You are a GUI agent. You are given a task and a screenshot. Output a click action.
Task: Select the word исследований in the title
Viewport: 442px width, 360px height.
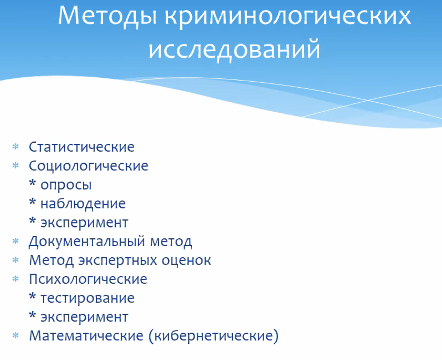pyautogui.click(x=234, y=49)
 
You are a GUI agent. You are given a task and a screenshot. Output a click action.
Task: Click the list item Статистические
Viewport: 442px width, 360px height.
pyautogui.click(x=82, y=147)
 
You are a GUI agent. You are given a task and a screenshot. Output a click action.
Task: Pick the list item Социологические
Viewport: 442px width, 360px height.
pyautogui.click(x=89, y=166)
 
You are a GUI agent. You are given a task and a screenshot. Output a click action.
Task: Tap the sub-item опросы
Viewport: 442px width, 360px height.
pyautogui.click(x=66, y=185)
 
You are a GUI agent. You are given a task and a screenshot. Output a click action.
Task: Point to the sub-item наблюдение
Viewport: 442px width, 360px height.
pyautogui.click(x=83, y=204)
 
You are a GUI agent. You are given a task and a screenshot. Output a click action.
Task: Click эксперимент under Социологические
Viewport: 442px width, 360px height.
pyautogui.click(x=84, y=223)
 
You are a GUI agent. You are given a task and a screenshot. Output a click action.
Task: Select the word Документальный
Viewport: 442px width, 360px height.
pyautogui.click(x=86, y=242)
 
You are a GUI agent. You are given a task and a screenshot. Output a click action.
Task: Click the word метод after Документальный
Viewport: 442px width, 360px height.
pyautogui.click(x=171, y=242)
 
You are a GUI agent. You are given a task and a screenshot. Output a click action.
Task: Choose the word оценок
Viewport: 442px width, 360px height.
pyautogui.click(x=186, y=261)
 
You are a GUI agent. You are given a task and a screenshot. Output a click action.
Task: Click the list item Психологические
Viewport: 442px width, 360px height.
pyautogui.click(x=88, y=279)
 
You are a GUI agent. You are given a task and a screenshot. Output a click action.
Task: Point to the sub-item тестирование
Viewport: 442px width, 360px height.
pyautogui.click(x=87, y=298)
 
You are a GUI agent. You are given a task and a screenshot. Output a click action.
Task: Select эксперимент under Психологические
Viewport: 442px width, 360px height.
pyautogui.click(x=84, y=317)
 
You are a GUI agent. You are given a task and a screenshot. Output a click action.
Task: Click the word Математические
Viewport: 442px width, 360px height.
pyautogui.click(x=86, y=336)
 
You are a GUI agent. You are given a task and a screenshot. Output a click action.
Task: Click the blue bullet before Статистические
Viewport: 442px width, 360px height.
pyautogui.click(x=16, y=147)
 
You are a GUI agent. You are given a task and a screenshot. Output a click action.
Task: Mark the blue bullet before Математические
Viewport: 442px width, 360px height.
pyautogui.click(x=16, y=336)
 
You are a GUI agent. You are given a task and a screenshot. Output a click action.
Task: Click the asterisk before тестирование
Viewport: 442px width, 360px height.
pyautogui.click(x=33, y=296)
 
